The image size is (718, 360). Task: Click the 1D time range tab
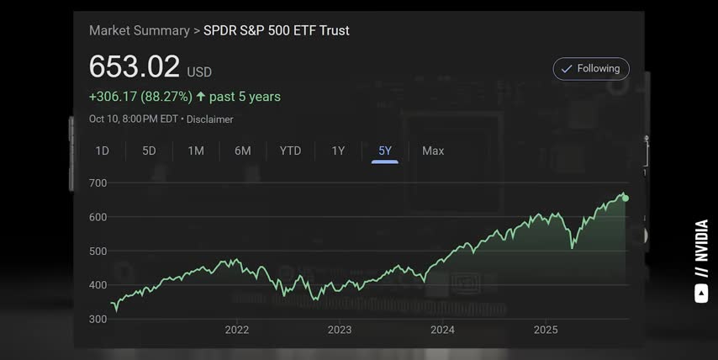102,151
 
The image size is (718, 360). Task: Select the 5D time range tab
149,151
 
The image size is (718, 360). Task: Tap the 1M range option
196,151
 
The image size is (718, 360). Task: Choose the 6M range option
243,151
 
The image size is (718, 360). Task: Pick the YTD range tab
290,151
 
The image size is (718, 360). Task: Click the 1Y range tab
338,151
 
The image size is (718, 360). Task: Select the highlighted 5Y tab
385,151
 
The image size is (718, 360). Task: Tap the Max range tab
433,151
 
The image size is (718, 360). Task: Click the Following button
591,69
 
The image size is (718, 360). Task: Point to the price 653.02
135,67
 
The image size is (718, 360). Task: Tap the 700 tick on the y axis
98,183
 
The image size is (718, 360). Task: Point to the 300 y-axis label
98,319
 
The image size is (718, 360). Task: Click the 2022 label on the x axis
237,330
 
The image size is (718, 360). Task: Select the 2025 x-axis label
546,330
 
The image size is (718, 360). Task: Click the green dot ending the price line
625,199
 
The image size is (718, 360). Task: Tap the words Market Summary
140,30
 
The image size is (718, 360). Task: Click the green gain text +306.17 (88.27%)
140,97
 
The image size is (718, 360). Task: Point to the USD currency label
199,72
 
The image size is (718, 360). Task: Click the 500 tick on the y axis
98,251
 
